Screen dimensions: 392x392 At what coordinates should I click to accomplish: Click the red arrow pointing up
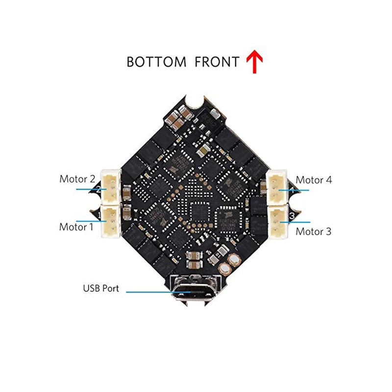click(x=254, y=62)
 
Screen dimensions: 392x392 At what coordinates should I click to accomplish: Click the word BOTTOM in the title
click(x=156, y=62)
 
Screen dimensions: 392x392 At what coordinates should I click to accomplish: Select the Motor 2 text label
click(x=77, y=179)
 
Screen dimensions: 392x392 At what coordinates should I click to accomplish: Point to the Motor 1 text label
click(x=76, y=227)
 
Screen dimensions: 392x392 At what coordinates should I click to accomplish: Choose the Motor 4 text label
click(x=314, y=180)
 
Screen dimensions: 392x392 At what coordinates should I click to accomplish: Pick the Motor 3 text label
click(x=313, y=231)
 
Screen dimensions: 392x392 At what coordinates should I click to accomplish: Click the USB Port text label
click(x=101, y=289)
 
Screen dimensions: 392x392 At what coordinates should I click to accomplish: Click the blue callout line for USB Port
click(x=152, y=292)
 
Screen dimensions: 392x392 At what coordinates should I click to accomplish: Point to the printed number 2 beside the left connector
click(x=99, y=189)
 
